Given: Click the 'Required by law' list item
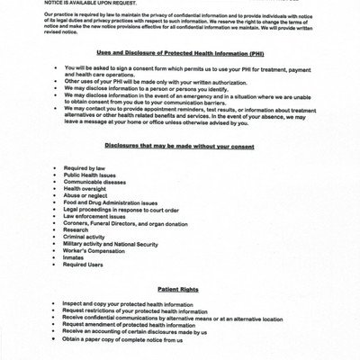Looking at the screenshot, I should tap(85, 168).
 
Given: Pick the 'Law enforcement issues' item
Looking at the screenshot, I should tap(94, 217).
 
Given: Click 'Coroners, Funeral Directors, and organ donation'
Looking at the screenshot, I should tap(126, 224).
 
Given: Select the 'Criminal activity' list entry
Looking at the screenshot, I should tap(88, 238).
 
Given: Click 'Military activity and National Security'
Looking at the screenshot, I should tap(111, 244).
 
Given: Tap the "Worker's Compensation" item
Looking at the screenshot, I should tap(96, 251).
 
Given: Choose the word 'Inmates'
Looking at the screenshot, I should tap(75, 258).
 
